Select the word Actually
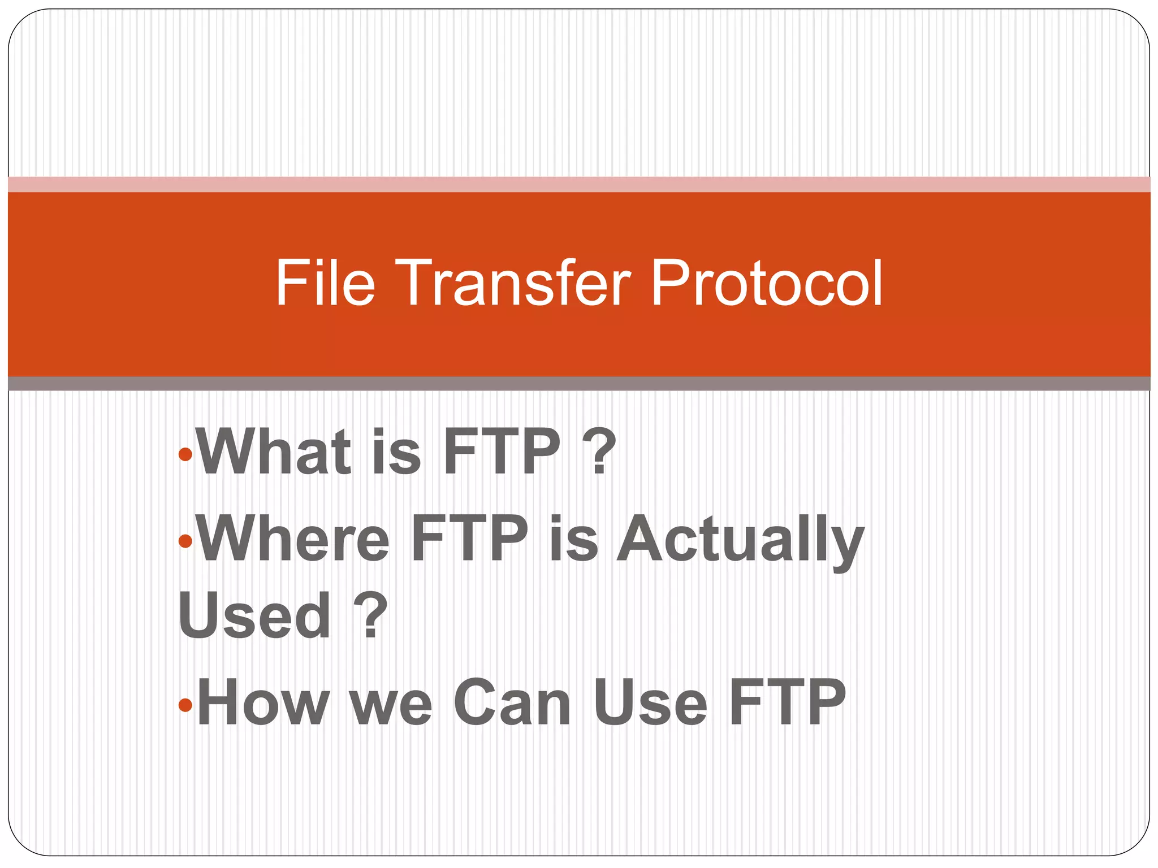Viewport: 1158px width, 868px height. click(x=740, y=540)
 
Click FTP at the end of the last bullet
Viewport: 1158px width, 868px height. click(x=787, y=702)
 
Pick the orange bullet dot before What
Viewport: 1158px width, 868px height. click(x=185, y=453)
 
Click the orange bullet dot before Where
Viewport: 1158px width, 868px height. click(x=185, y=541)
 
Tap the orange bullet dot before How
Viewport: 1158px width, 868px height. click(x=185, y=705)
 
